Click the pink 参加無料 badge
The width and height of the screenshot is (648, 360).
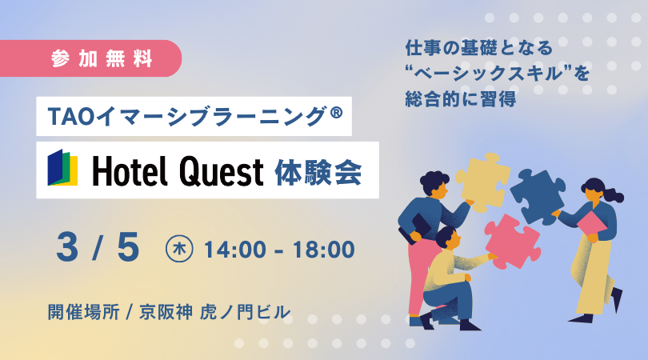pos(90,58)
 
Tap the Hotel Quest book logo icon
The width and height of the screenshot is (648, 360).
pos(62,168)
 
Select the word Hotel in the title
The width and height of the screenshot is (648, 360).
pos(130,170)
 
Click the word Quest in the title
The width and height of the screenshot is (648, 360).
pos(221,171)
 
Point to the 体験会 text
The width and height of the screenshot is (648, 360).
pos(318,171)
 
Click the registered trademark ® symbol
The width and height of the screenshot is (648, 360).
pos(337,113)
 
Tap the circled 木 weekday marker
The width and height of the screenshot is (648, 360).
pos(179,249)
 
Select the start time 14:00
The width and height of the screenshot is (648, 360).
pos(234,250)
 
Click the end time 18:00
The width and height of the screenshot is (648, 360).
pos(323,250)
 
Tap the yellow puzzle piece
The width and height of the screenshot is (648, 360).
pos(482,182)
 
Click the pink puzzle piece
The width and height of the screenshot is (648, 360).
pos(513,242)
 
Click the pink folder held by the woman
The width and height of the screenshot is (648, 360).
pos(592,224)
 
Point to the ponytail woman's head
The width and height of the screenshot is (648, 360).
pos(594,191)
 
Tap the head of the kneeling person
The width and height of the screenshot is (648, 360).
pos(447,238)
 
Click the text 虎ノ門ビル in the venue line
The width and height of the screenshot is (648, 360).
pos(245,312)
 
